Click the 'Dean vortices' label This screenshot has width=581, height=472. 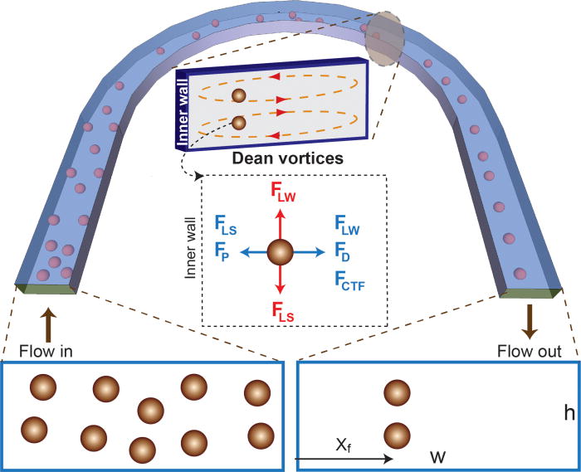click(x=266, y=155)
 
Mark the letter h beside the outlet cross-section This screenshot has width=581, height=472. click(x=569, y=413)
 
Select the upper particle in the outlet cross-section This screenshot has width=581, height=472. click(x=398, y=392)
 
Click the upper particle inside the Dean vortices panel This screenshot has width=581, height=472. click(x=238, y=95)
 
